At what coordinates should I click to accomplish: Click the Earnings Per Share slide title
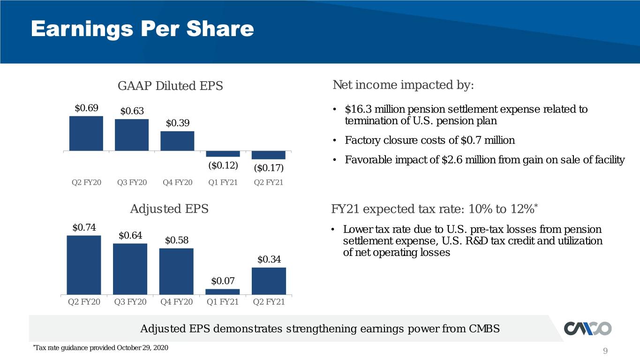click(x=142, y=29)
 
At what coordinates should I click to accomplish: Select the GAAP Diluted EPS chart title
click(x=170, y=86)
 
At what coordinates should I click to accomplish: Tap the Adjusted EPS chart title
click(x=169, y=209)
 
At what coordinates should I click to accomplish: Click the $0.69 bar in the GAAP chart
click(x=86, y=134)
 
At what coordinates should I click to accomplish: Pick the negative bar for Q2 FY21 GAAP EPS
click(x=269, y=155)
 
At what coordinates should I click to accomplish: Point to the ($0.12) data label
click(x=223, y=165)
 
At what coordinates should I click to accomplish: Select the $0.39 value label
click(x=177, y=123)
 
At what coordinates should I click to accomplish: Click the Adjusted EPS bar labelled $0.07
click(x=223, y=292)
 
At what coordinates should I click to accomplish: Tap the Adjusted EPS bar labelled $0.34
click(x=269, y=281)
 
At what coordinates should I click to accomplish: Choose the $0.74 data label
click(x=84, y=227)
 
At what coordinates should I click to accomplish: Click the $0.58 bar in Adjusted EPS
click(x=176, y=271)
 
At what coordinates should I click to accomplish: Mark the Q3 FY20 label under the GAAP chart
click(x=132, y=182)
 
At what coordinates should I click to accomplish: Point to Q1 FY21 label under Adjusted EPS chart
click(x=223, y=302)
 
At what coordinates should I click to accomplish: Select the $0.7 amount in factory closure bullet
click(x=471, y=140)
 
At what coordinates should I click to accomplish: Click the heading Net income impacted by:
click(x=403, y=85)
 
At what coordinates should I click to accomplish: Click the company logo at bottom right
click(x=587, y=328)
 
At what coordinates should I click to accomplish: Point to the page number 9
click(x=605, y=351)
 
